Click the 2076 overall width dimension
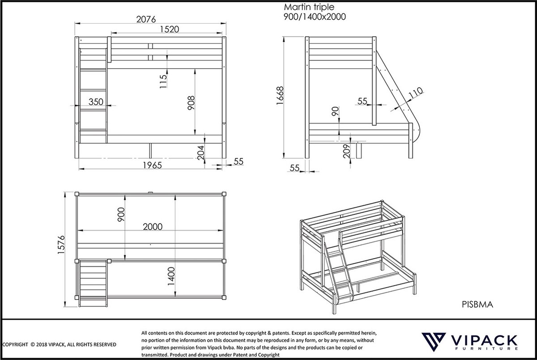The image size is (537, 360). (x=145, y=19)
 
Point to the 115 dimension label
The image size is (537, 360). (x=163, y=82)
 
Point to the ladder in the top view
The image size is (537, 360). (x=93, y=284)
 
